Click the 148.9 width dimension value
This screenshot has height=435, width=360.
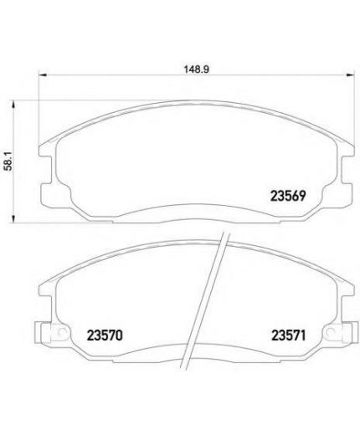click(x=196, y=69)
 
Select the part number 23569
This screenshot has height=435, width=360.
click(x=288, y=196)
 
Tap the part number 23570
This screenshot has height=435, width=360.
click(x=105, y=335)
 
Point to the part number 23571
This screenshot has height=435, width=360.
click(x=289, y=335)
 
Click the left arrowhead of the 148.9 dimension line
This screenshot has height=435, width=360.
click(x=42, y=74)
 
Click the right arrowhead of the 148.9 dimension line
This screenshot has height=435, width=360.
click(x=351, y=74)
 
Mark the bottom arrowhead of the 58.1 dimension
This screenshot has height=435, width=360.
click(x=13, y=219)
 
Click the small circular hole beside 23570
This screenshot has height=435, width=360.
click(x=61, y=332)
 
